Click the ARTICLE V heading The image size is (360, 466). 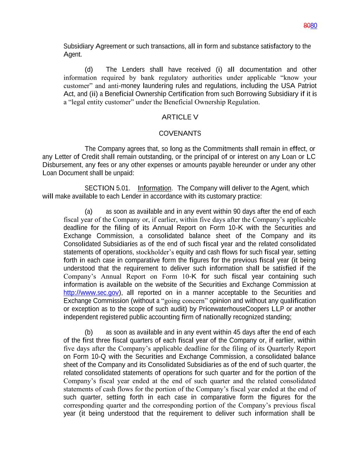click(180, 117)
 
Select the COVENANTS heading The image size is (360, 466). click(180, 133)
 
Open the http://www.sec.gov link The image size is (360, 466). click(91, 293)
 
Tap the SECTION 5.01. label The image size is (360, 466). click(107, 188)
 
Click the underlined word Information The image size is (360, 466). click(154, 188)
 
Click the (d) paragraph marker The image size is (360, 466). click(89, 70)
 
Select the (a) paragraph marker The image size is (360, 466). click(88, 212)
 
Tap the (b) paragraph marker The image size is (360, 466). click(89, 333)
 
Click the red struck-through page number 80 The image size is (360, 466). click(307, 26)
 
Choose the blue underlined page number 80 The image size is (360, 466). click(314, 26)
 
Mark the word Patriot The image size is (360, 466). click(307, 86)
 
